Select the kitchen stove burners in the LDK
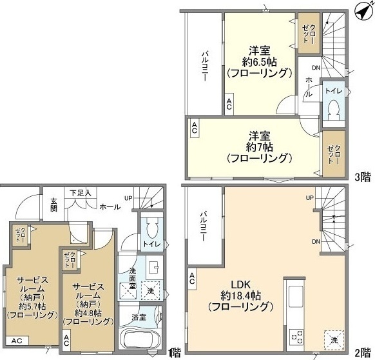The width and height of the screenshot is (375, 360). coord(298,335)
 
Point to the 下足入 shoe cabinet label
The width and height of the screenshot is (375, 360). coord(81,192)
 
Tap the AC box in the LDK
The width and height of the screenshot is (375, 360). coord(193,279)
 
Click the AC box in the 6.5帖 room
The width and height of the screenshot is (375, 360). coord(229,102)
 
